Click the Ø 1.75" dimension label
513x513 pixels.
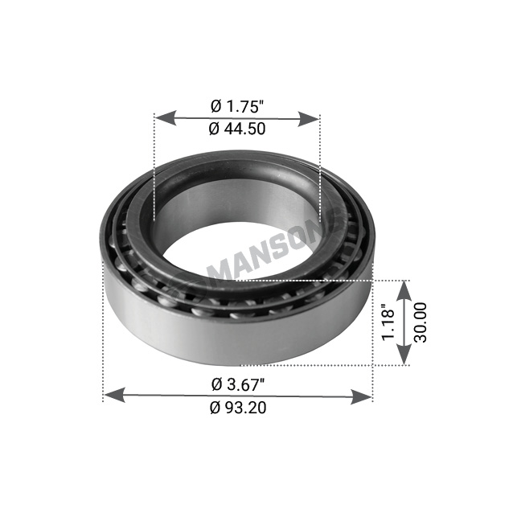(x=237, y=106)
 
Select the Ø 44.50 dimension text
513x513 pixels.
(x=237, y=129)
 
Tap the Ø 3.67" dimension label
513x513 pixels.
(x=238, y=384)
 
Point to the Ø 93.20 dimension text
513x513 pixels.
(x=238, y=408)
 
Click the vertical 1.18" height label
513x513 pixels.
(x=388, y=322)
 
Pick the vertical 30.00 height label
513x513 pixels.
(x=421, y=322)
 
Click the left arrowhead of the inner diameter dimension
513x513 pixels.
(x=165, y=118)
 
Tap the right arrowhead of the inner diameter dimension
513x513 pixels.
(x=308, y=119)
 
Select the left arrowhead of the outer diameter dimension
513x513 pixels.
(x=114, y=395)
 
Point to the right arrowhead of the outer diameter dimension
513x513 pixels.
(x=361, y=396)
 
